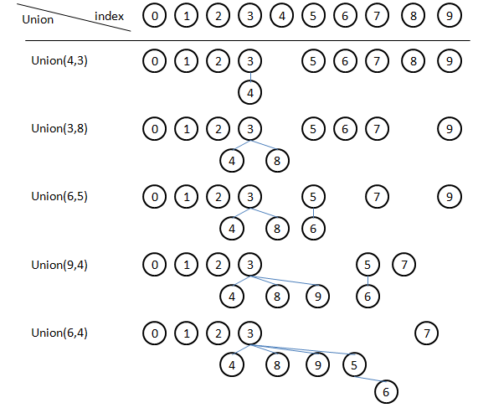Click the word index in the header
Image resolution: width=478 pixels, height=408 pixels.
pyautogui.click(x=110, y=16)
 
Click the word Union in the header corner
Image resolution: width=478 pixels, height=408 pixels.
pyautogui.click(x=38, y=20)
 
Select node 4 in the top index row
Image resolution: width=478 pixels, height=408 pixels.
pyautogui.click(x=282, y=16)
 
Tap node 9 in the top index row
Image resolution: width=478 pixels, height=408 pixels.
pyautogui.click(x=450, y=16)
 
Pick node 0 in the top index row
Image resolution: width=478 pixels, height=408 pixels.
pyautogui.click(x=155, y=16)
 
